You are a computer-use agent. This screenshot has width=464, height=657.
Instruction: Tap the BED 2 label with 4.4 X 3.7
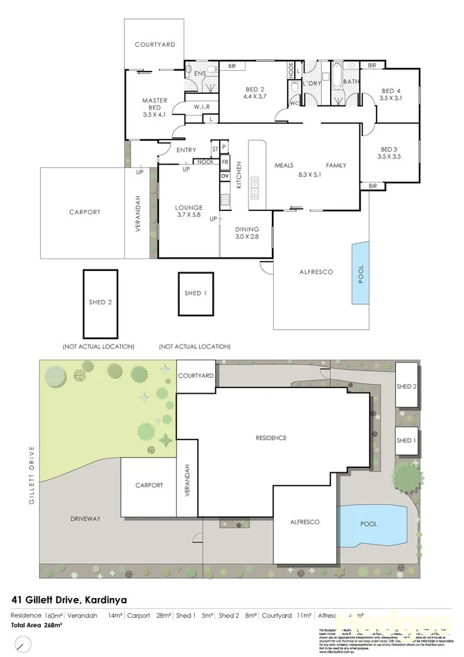(x=255, y=93)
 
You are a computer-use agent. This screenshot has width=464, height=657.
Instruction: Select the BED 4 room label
(x=390, y=94)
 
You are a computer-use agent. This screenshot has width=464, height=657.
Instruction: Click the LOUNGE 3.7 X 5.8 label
(x=189, y=211)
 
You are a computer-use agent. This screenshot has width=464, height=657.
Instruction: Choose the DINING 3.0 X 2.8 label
(x=246, y=233)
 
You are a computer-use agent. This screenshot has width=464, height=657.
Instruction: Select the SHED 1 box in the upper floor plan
(x=196, y=294)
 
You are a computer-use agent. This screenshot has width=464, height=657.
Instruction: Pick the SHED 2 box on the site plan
(x=406, y=387)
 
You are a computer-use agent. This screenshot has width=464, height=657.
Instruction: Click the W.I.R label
(x=202, y=107)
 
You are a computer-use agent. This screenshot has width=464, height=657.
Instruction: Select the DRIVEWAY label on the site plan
(x=85, y=518)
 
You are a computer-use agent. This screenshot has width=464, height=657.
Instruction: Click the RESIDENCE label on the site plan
(x=270, y=438)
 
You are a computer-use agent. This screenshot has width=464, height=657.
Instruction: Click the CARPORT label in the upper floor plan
(x=84, y=213)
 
